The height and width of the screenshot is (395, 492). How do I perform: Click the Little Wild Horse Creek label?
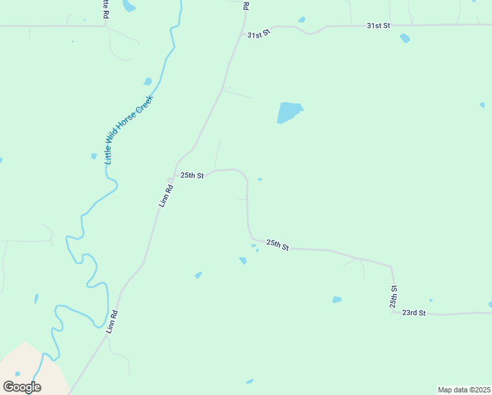(129, 130)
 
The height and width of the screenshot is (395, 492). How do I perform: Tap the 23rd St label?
(414, 313)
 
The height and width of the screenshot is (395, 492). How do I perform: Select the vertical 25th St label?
(393, 297)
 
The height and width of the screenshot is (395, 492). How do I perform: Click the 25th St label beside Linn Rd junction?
(193, 176)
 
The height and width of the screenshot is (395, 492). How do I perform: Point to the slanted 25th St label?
(278, 245)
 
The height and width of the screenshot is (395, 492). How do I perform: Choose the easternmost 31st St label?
(378, 25)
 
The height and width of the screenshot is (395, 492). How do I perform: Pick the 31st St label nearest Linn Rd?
(258, 34)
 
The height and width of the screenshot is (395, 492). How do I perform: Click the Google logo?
(22, 387)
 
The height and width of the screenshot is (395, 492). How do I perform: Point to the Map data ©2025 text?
(464, 390)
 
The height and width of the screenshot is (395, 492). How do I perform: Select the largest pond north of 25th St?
(288, 112)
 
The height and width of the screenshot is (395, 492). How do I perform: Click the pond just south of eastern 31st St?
(405, 38)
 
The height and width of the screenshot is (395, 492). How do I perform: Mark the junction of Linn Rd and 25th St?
(174, 175)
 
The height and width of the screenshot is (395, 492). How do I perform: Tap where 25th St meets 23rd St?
(393, 313)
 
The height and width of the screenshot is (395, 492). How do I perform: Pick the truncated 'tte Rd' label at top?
(105, 9)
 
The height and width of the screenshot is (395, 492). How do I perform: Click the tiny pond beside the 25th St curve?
(260, 179)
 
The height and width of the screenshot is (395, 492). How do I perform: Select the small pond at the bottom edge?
(249, 381)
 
